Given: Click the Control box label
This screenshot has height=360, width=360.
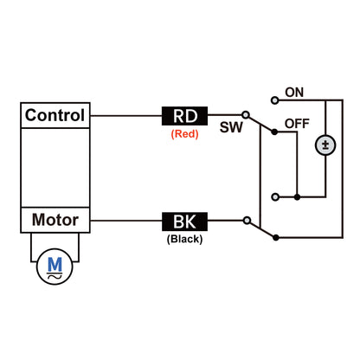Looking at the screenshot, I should pos(55,115).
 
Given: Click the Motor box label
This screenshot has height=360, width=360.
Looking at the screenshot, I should pos(55,220).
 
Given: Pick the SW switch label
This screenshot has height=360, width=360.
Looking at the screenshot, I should pos(231,127).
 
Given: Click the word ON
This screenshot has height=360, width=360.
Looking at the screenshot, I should pos(294,92).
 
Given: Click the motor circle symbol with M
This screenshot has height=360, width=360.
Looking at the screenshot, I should pos(55,268).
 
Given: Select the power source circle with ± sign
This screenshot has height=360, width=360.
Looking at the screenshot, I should pos(326,144).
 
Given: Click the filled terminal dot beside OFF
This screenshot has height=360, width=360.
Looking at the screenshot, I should pos(273,132).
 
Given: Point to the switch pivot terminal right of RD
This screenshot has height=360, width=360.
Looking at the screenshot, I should pos(245,115).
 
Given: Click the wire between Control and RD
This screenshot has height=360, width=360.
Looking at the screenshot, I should pos(125,115).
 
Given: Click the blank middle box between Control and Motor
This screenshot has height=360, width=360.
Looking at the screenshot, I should pos(55,167).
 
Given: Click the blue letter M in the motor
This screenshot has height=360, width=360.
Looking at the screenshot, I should pos(55,263).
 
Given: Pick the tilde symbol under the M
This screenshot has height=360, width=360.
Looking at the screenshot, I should pos(55,277).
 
